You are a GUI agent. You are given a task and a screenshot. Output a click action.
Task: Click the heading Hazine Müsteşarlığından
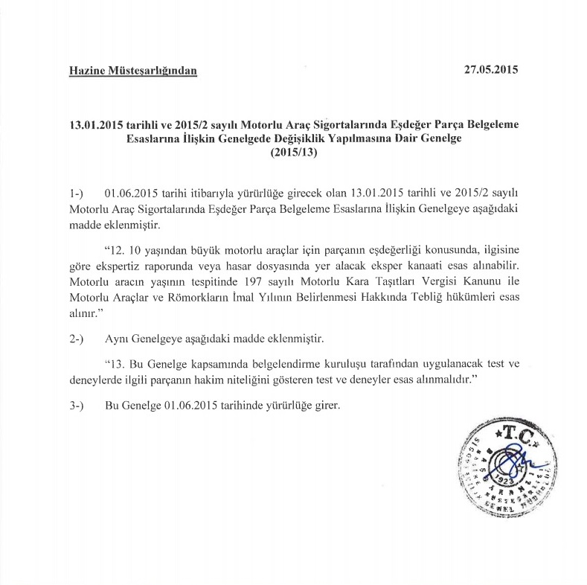(x=133, y=71)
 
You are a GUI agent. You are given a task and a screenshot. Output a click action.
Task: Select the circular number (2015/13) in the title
(x=293, y=155)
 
